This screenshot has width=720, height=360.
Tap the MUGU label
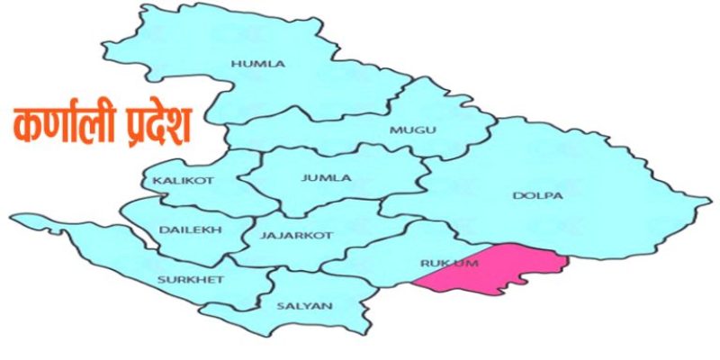(x=413, y=130)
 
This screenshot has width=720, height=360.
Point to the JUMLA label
(x=321, y=178)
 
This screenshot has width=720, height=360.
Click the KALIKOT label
(x=184, y=181)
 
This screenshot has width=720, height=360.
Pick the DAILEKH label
(x=184, y=229)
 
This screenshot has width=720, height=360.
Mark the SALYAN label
(x=304, y=306)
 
